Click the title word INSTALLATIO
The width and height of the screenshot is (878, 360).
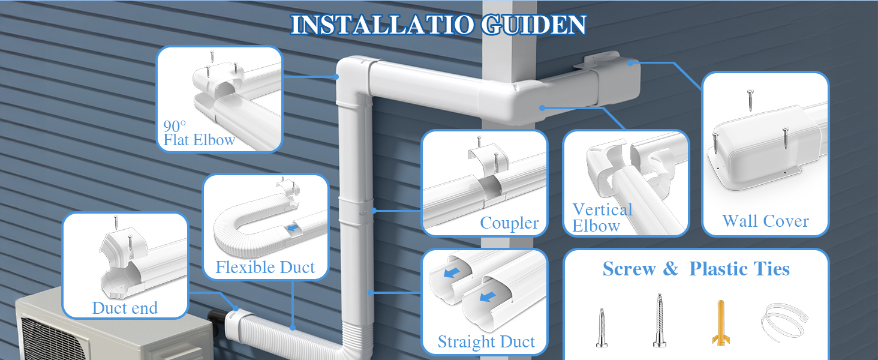[383, 25]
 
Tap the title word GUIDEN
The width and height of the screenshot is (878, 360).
[534, 25]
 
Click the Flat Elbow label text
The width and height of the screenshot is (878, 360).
[199, 140]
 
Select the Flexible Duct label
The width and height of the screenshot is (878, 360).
[265, 268]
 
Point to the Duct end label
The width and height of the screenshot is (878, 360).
[125, 308]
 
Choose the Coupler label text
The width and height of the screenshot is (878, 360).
[509, 223]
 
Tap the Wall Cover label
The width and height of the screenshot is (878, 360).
[765, 221]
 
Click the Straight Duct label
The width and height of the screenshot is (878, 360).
[486, 341]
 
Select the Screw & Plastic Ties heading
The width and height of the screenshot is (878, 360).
[696, 269]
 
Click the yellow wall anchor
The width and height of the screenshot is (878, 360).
[720, 323]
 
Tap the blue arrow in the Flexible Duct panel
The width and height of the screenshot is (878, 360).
[292, 228]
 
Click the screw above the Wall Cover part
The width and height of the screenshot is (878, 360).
[750, 100]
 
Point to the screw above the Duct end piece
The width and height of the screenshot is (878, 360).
[116, 223]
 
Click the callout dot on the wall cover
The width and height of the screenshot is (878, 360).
[630, 63]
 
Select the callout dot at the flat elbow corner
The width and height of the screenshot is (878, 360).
[336, 77]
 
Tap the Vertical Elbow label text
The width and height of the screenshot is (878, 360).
[602, 218]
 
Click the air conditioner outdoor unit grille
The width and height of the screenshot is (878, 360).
[51, 339]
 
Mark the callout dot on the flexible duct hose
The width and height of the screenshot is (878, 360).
[293, 327]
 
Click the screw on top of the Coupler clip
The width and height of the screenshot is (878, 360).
[479, 142]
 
